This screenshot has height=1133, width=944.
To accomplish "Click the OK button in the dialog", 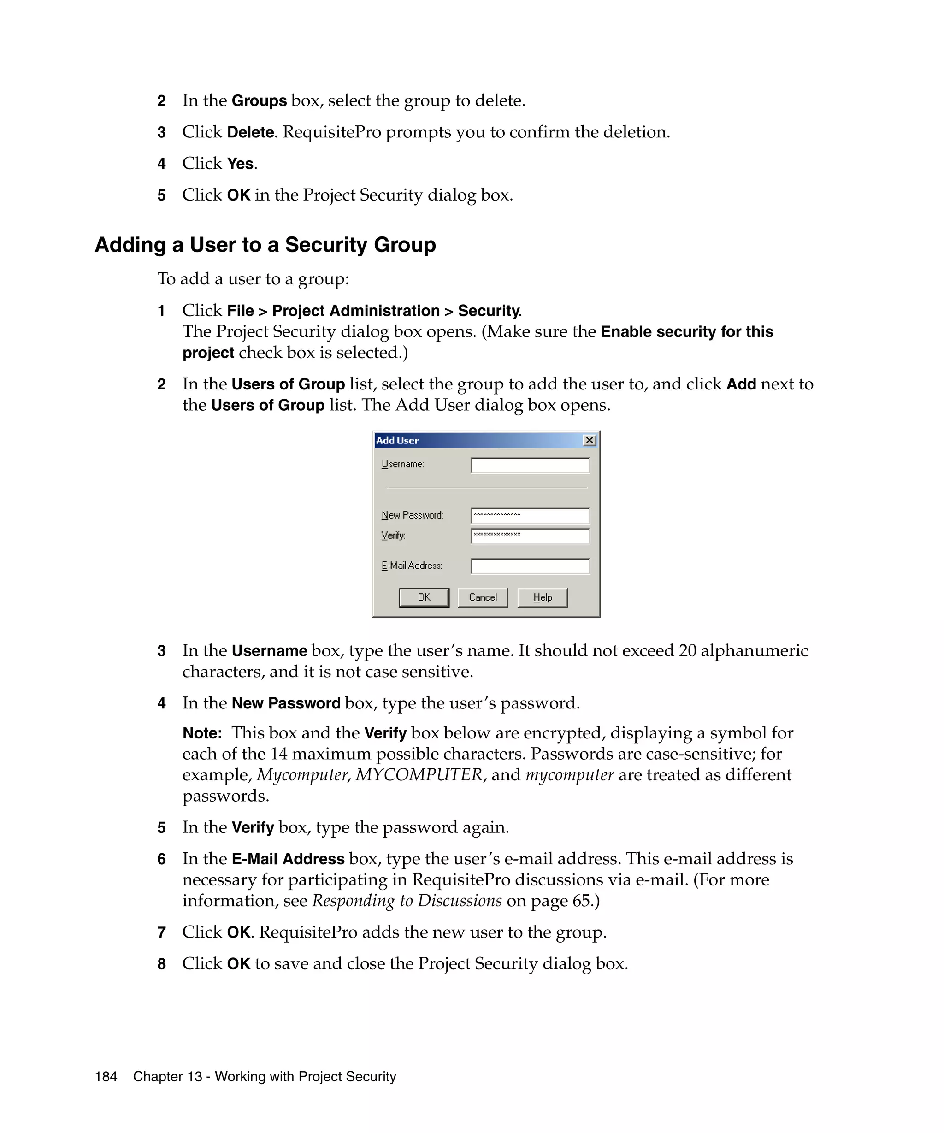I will tap(424, 597).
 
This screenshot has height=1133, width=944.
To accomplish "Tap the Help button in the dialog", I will tap(542, 597).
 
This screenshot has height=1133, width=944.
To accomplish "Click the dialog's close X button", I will tap(590, 440).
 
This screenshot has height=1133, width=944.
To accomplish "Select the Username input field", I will tap(530, 466).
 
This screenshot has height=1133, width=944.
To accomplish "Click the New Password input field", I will tap(530, 516).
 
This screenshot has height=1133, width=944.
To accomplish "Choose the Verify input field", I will tap(530, 536).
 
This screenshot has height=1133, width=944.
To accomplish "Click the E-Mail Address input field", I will tap(530, 566).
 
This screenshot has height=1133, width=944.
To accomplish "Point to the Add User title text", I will tap(397, 440).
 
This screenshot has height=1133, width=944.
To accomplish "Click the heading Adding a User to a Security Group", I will tap(265, 245).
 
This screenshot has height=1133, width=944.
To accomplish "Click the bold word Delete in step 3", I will tap(250, 132).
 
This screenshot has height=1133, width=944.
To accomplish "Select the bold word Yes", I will tap(240, 164).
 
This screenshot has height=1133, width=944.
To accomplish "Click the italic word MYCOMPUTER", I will tap(419, 775).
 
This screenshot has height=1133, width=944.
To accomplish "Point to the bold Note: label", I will tap(202, 733).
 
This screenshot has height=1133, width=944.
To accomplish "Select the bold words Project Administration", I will tap(355, 311).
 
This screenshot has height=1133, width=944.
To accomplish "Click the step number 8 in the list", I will tap(161, 963).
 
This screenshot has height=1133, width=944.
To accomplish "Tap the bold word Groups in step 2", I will tap(259, 101).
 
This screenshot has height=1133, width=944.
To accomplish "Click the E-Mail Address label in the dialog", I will tap(412, 566).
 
